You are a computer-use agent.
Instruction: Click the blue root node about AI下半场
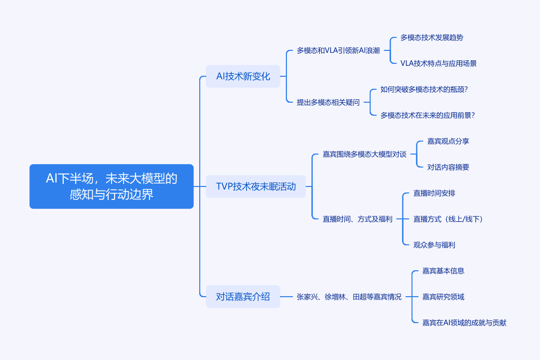click(112, 186)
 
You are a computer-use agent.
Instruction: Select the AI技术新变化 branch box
click(243, 76)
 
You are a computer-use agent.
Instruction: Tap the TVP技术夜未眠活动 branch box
click(256, 186)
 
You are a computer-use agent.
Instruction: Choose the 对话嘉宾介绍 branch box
click(243, 297)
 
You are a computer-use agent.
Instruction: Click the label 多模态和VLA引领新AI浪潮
click(338, 50)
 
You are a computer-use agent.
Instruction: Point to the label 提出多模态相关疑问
click(328, 102)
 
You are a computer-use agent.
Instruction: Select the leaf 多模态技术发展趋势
click(432, 37)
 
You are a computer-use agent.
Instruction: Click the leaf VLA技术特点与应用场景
click(438, 63)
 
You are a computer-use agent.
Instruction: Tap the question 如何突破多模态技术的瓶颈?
click(424, 89)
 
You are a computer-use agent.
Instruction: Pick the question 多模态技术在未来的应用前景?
click(427, 115)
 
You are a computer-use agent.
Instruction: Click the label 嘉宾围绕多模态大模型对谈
click(364, 154)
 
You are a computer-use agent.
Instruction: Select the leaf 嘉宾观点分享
click(448, 141)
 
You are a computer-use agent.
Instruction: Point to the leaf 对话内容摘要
click(448, 167)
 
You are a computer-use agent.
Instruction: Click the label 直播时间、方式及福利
click(357, 219)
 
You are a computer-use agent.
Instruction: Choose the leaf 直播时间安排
click(434, 193)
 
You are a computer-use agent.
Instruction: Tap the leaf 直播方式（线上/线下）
click(448, 219)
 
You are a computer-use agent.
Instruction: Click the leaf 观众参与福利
click(434, 245)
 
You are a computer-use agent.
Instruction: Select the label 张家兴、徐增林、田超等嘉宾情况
click(349, 297)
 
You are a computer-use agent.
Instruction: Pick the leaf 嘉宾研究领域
click(443, 297)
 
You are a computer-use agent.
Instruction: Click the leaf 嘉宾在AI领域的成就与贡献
click(464, 323)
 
